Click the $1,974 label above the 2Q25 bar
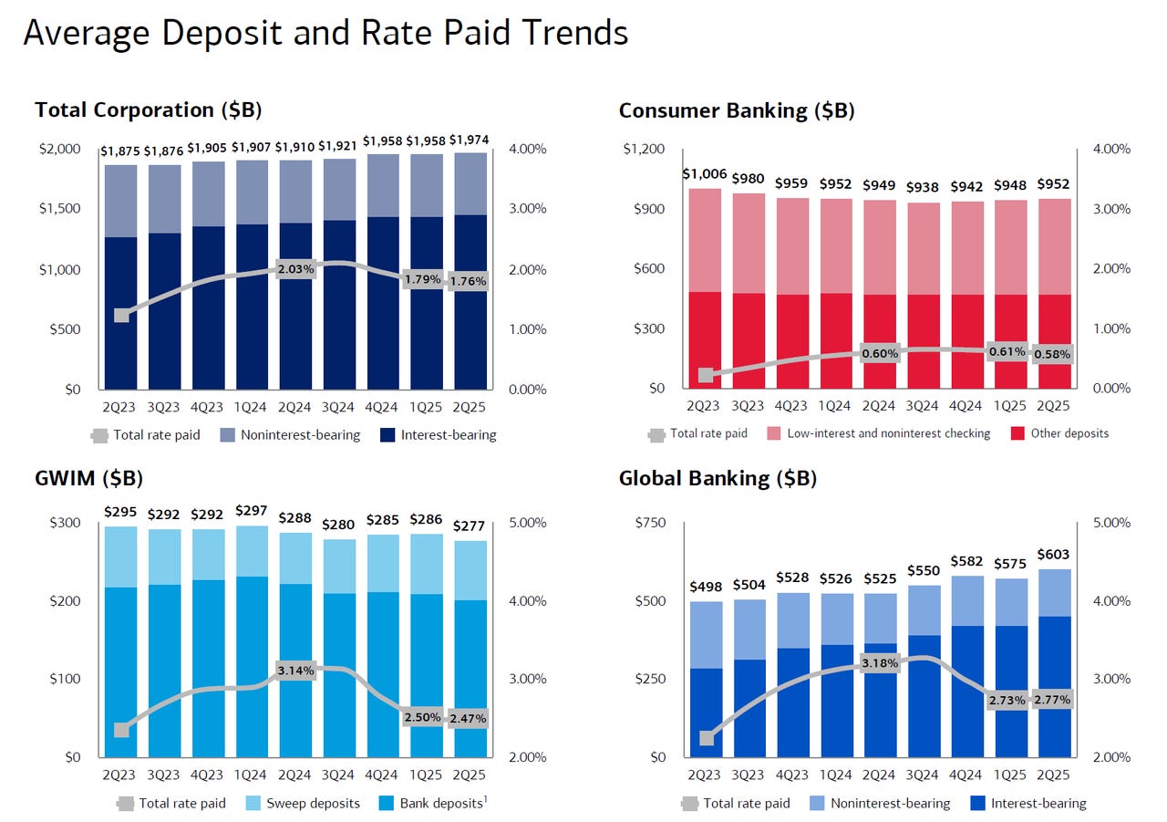[x=470, y=140]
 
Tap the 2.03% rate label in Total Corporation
[x=295, y=269]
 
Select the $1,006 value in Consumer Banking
[x=704, y=173]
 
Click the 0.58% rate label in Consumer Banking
[x=1052, y=354]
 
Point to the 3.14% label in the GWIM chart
[x=295, y=671]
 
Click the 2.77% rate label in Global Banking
[x=1052, y=700]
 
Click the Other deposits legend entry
[x=1069, y=433]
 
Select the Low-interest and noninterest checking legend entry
[x=888, y=433]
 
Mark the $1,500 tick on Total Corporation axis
[x=59, y=209]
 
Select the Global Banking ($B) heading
[x=718, y=478]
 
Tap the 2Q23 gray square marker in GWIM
[x=121, y=730]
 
